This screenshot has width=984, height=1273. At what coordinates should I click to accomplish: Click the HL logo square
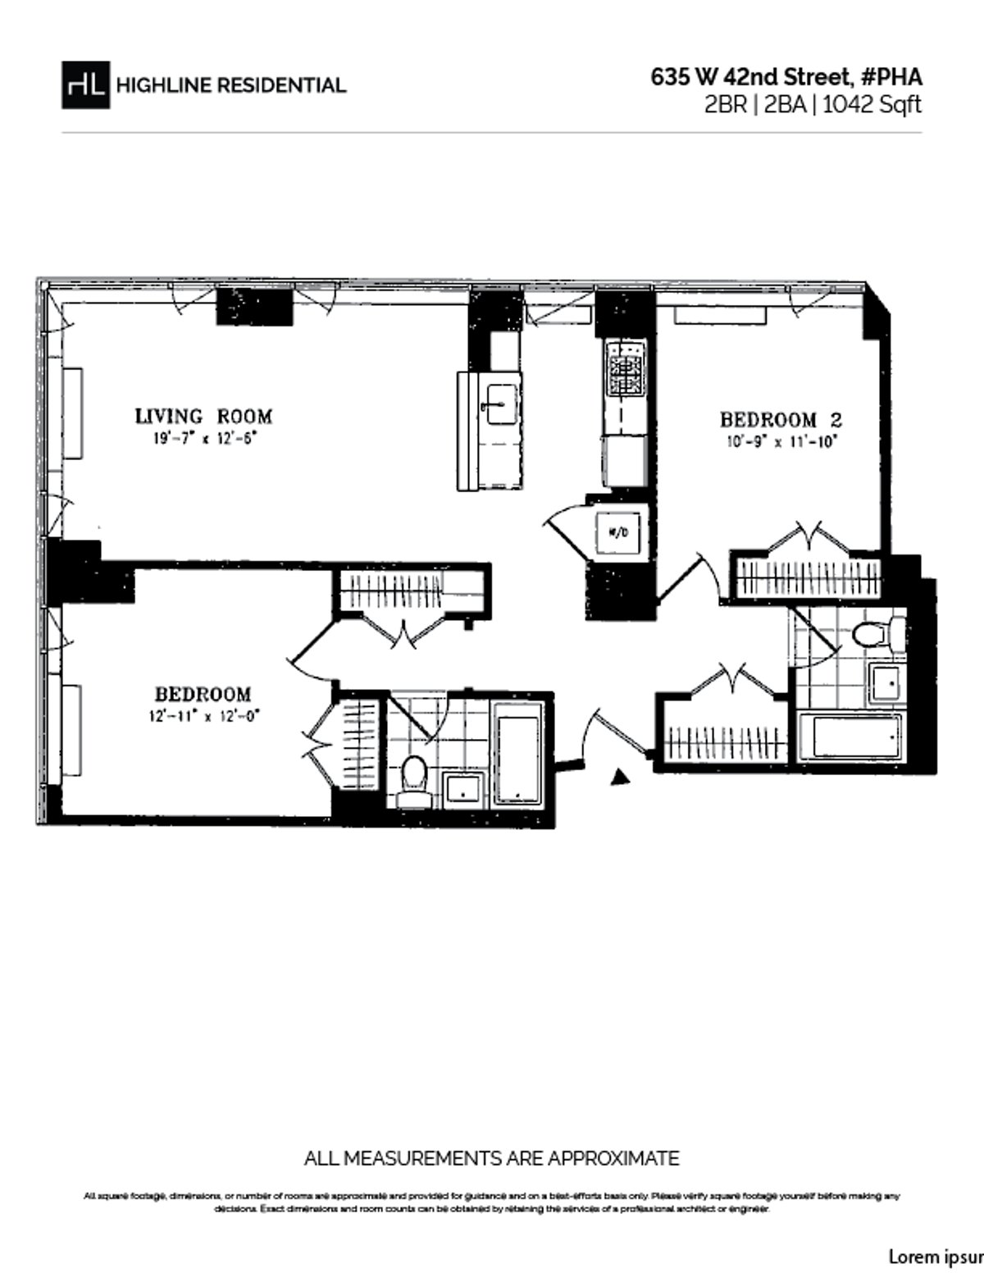(x=85, y=84)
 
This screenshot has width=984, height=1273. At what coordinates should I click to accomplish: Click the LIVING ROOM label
(x=203, y=416)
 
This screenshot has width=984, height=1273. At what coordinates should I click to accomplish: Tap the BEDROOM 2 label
(x=781, y=419)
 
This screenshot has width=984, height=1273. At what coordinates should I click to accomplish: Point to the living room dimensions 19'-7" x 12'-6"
(x=203, y=438)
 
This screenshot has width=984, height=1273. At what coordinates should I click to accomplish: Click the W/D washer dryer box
(x=618, y=532)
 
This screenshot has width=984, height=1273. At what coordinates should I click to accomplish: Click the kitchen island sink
(x=499, y=404)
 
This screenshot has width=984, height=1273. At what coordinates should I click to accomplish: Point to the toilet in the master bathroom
(x=413, y=779)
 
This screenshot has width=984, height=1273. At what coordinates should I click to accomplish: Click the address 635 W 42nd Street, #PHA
(x=786, y=77)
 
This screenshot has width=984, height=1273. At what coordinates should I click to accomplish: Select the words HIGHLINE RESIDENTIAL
(x=231, y=85)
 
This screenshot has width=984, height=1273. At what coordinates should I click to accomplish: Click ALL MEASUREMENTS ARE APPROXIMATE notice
(x=491, y=1158)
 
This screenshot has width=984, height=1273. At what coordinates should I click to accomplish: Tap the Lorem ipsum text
(x=936, y=1256)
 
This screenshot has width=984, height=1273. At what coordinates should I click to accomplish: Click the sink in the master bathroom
(x=466, y=788)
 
